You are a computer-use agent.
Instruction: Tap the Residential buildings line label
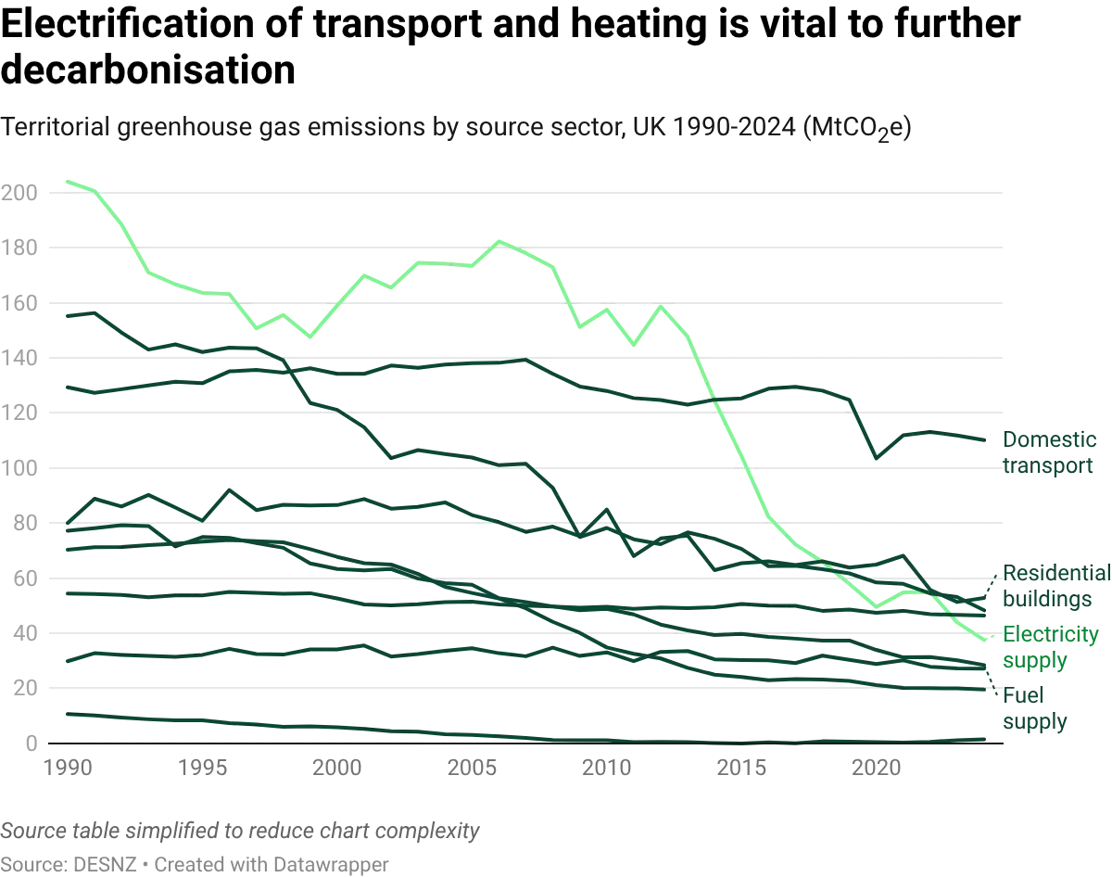pyautogui.click(x=1055, y=587)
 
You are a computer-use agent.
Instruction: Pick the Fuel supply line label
pyautogui.click(x=1033, y=708)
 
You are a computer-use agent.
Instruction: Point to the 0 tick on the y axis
pyautogui.click(x=28, y=744)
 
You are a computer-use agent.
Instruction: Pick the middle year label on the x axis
pyautogui.click(x=471, y=768)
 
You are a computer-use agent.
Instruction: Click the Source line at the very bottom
pyautogui.click(x=196, y=864)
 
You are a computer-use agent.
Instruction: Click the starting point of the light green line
pyautogui.click(x=63, y=181)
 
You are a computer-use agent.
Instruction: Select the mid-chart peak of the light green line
pyautogui.click(x=501, y=242)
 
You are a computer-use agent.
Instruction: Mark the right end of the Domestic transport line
pyautogui.click(x=984, y=437)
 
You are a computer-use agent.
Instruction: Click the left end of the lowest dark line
pyautogui.click(x=61, y=715)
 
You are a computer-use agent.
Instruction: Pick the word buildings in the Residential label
pyautogui.click(x=1055, y=601)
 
